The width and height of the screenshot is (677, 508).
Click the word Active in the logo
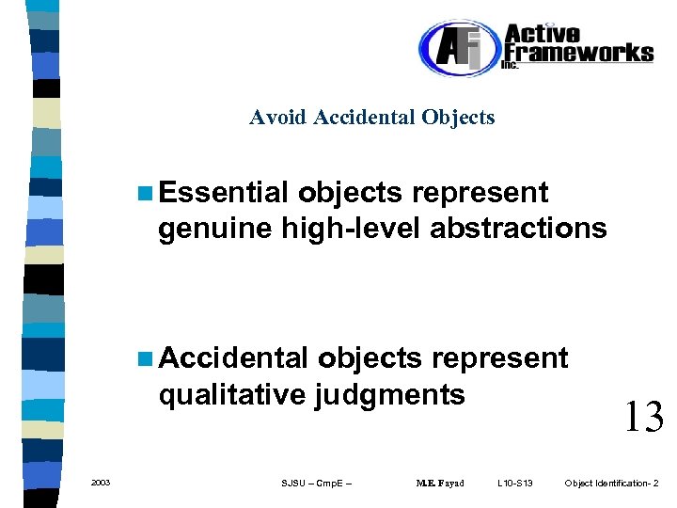click(x=544, y=33)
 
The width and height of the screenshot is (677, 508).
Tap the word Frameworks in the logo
click(x=579, y=52)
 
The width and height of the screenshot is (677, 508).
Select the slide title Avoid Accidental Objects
click(x=371, y=118)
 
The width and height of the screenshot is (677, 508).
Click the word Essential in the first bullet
click(x=223, y=193)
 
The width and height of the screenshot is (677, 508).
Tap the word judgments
click(x=390, y=394)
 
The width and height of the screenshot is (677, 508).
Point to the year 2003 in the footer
click(x=101, y=483)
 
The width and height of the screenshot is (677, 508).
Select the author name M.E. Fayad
click(x=440, y=484)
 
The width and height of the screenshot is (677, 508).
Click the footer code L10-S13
click(x=515, y=484)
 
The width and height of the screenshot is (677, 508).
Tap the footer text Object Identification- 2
click(x=612, y=484)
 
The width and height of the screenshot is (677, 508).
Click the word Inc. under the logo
click(x=510, y=65)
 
